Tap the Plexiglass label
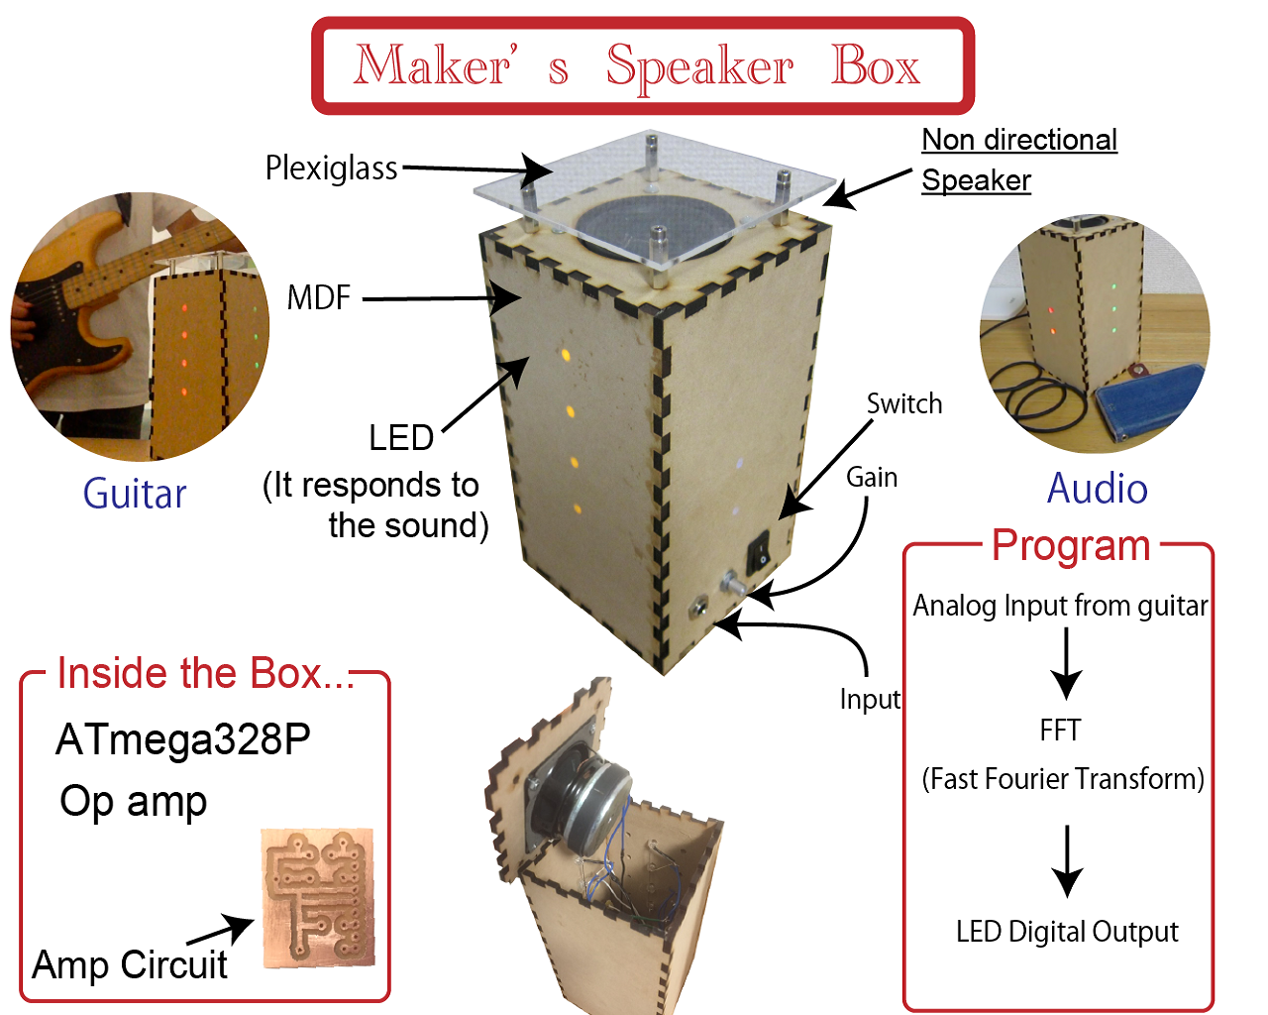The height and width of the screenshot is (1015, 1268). click(331, 169)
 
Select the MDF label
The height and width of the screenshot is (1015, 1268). click(318, 297)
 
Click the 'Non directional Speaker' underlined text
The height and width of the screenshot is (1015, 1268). click(1018, 160)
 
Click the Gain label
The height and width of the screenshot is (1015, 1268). click(872, 478)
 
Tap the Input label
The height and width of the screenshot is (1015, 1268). click(870, 700)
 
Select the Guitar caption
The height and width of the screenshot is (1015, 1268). click(135, 494)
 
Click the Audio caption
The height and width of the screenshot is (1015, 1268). click(1098, 489)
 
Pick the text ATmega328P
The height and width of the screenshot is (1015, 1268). click(183, 739)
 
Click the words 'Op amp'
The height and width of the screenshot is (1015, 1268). click(134, 801)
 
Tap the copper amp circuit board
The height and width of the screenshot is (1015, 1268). click(318, 897)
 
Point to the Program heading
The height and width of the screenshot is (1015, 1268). click(1071, 546)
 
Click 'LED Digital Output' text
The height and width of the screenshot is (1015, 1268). click(1067, 932)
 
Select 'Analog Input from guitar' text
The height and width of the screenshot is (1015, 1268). click(1060, 606)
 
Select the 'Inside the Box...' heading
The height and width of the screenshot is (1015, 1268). click(205, 674)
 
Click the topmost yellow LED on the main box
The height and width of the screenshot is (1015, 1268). click(566, 354)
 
